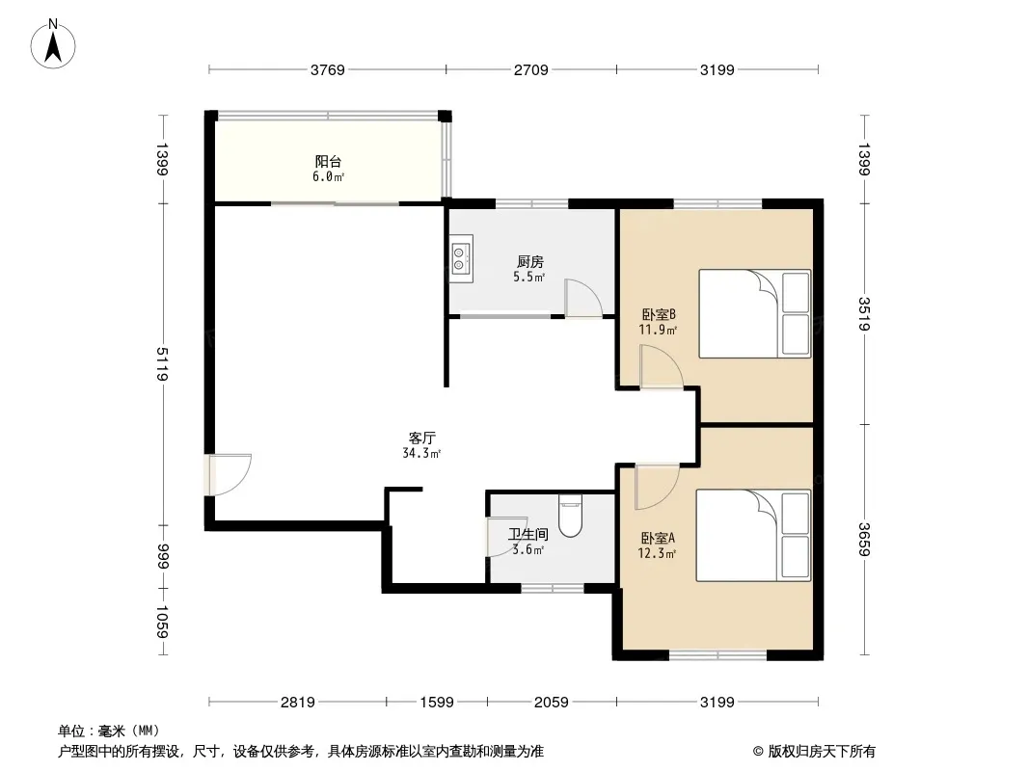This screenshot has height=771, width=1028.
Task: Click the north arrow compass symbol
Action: point(53,44)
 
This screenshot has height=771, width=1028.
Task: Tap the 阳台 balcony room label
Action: point(328,161)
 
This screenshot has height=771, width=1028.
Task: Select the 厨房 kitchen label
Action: point(529,262)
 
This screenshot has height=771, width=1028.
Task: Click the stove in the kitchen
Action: point(462,258)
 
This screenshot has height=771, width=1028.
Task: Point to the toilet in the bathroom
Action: point(570,517)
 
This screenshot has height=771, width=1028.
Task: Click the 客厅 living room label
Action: point(421,439)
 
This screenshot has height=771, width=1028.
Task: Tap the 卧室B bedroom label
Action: point(659,315)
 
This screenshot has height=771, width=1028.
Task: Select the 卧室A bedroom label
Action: point(658,539)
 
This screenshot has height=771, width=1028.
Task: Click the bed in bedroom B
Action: point(755,314)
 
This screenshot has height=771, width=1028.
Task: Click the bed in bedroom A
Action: point(753,535)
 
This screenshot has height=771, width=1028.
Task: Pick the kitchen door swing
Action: point(583,299)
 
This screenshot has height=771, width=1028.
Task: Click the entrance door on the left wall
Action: point(229,474)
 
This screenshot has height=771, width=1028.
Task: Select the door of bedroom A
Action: point(657,487)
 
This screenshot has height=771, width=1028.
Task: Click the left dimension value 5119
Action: point(163,364)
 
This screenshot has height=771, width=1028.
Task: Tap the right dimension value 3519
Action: point(864,314)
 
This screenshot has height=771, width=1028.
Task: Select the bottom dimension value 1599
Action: point(437,703)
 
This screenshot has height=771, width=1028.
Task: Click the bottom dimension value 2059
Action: point(552,703)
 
